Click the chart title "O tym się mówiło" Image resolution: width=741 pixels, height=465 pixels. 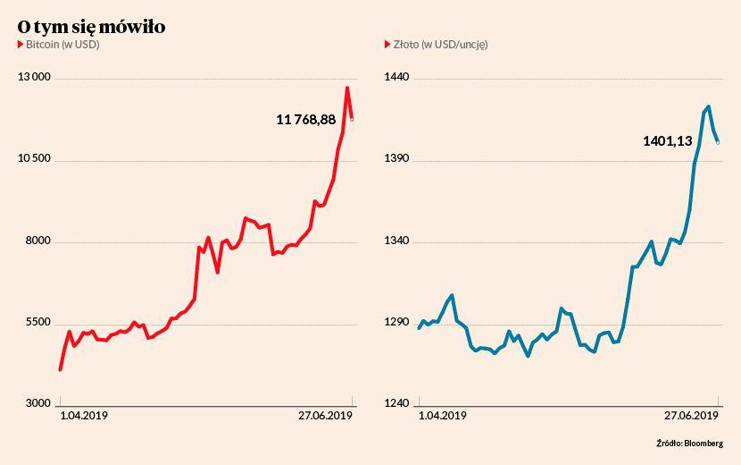pyautogui.click(x=91, y=28)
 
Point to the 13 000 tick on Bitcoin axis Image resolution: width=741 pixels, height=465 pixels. pyautogui.click(x=34, y=79)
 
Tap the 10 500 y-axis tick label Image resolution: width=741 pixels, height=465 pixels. pyautogui.click(x=34, y=160)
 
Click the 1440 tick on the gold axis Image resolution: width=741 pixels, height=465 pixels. pyautogui.click(x=397, y=79)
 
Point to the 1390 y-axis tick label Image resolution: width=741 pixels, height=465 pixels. pyautogui.click(x=397, y=160)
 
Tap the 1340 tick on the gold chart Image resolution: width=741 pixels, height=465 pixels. pyautogui.click(x=397, y=241)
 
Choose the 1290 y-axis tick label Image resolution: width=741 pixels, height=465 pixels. pyautogui.click(x=397, y=323)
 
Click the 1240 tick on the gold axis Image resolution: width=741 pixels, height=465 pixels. pyautogui.click(x=397, y=404)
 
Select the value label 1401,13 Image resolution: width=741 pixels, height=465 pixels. pyautogui.click(x=668, y=140)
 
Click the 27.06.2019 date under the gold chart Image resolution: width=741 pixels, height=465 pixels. pyautogui.click(x=692, y=416)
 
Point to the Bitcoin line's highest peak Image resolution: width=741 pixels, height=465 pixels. pyautogui.click(x=346, y=88)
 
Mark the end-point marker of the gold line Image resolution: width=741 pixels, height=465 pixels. pyautogui.click(x=719, y=142)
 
